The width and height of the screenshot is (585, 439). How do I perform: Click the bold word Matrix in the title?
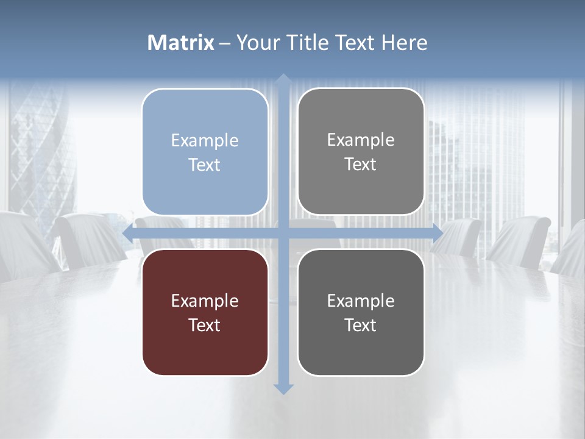pyautogui.click(x=181, y=43)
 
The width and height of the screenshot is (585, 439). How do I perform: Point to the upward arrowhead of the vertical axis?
pyautogui.click(x=283, y=80)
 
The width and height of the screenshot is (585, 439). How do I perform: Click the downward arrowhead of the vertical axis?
pyautogui.click(x=283, y=388)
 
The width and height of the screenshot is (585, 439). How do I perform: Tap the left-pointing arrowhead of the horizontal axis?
pyautogui.click(x=128, y=233)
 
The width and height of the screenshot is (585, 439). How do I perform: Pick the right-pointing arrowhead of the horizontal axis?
pyautogui.click(x=437, y=233)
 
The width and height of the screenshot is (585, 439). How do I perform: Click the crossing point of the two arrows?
pyautogui.click(x=283, y=233)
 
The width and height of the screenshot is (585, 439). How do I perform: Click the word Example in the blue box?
pyautogui.click(x=205, y=140)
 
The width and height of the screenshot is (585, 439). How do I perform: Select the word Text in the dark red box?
pyautogui.click(x=205, y=325)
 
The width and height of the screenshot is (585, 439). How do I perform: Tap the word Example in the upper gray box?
pyautogui.click(x=361, y=140)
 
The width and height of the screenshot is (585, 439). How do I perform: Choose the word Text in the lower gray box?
pyautogui.click(x=361, y=325)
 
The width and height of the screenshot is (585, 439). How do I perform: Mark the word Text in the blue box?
pyautogui.click(x=205, y=165)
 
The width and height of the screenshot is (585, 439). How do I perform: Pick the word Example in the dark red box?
pyautogui.click(x=205, y=301)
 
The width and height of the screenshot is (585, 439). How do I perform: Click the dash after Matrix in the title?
pyautogui.click(x=225, y=43)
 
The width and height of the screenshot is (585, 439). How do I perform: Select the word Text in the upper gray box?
pyautogui.click(x=361, y=164)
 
